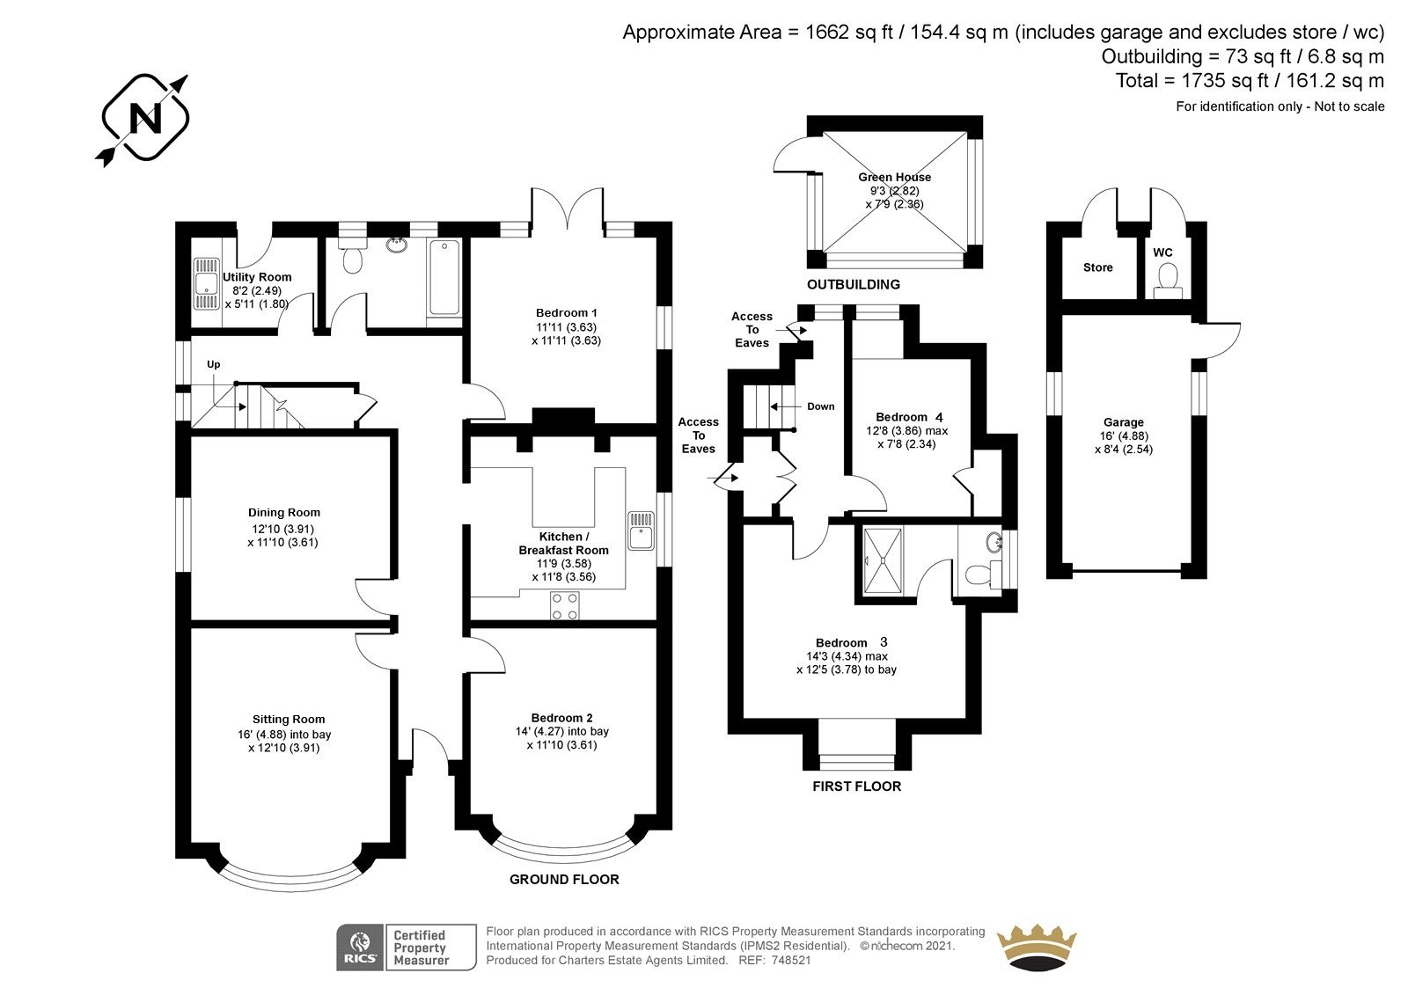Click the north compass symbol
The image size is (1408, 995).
(144, 119)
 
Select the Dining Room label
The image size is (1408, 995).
(283, 513)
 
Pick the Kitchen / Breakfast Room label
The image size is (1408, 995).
(562, 543)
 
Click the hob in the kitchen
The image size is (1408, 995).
(564, 604)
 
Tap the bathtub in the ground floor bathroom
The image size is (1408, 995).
(444, 274)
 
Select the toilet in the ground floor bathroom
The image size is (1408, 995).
(354, 254)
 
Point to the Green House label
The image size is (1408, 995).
(894, 177)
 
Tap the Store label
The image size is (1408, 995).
(1098, 267)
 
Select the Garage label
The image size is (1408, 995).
(1124, 422)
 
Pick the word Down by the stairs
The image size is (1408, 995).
(821, 406)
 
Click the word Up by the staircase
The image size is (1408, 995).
(213, 364)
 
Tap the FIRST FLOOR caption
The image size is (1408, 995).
(856, 786)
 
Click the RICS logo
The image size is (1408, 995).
(359, 947)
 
